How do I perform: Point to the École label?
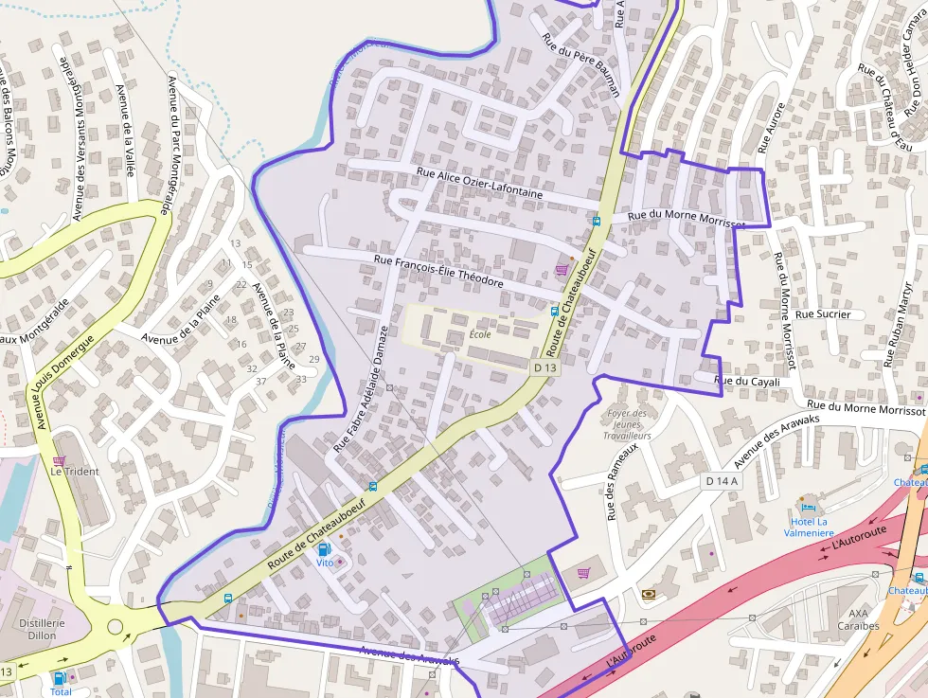(480, 334)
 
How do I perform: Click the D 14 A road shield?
(722, 481)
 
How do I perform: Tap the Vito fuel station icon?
(325, 549)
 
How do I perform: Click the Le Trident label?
(75, 471)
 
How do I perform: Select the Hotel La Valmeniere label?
(809, 527)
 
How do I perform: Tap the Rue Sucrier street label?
(823, 313)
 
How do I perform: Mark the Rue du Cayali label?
(746, 382)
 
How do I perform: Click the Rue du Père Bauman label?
(580, 65)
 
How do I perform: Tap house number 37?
(260, 382)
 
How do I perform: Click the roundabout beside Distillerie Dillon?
(116, 626)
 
